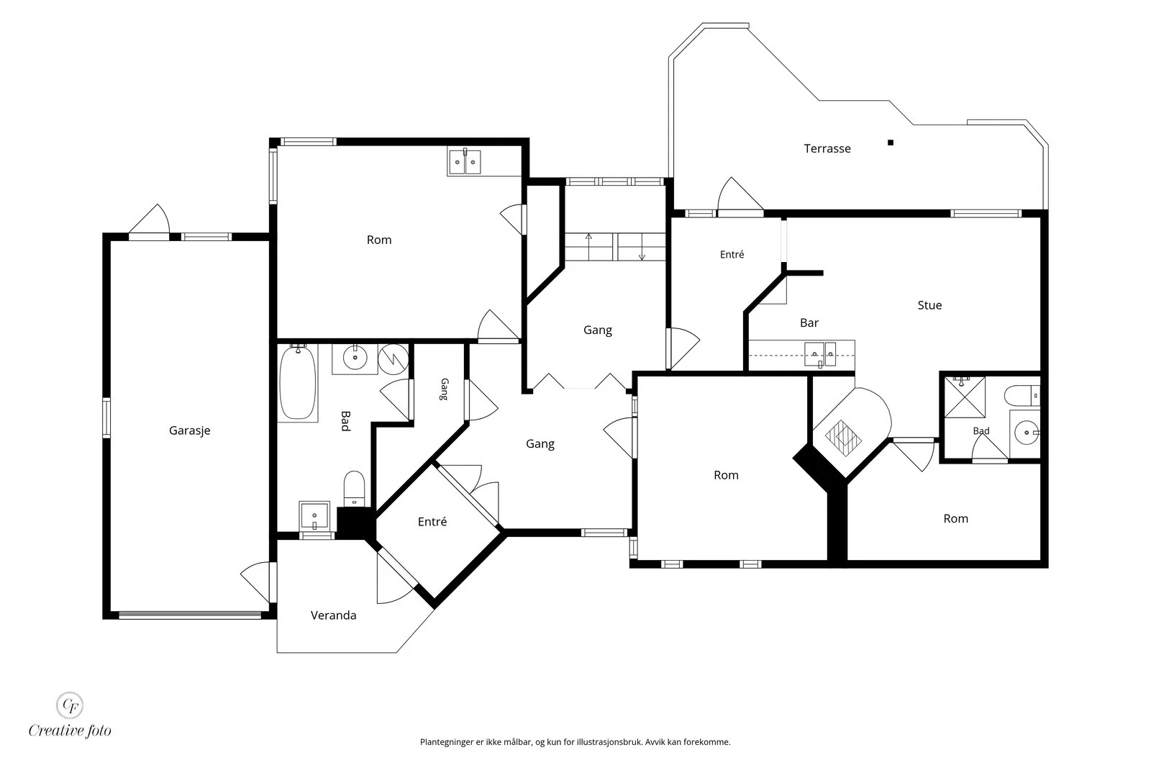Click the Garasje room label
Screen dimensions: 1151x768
click(190, 430)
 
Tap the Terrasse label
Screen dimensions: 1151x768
click(827, 148)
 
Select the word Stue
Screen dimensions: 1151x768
click(929, 305)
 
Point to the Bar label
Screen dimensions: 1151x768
click(809, 323)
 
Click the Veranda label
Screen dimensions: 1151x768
click(334, 615)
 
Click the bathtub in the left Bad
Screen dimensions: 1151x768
click(297, 383)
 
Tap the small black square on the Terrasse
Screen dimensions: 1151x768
click(891, 143)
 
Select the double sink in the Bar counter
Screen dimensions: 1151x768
click(820, 354)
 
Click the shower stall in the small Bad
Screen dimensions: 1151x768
click(965, 397)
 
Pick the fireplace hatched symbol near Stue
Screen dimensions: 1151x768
click(843, 438)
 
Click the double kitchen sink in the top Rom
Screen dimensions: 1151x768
click(465, 162)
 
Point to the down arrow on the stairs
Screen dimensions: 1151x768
click(642, 248)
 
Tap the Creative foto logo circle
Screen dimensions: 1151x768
click(69, 705)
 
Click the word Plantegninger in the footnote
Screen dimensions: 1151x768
click(447, 742)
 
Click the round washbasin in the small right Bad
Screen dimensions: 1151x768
click(1026, 433)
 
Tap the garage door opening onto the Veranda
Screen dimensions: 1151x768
click(257, 582)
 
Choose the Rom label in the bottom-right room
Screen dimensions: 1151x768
click(956, 519)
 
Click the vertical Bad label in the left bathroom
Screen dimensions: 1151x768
click(346, 421)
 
